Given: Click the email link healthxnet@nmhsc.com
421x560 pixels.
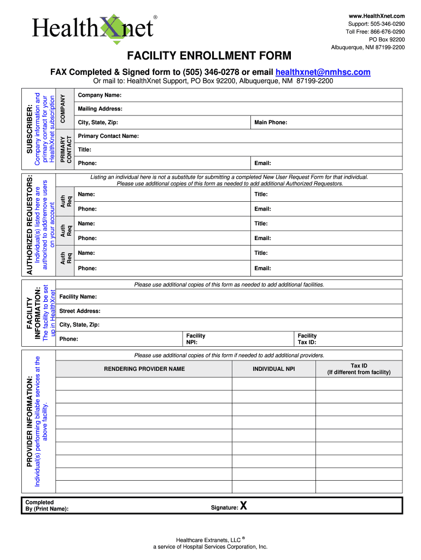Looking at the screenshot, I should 323,72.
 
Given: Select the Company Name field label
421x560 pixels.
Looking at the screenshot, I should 100,95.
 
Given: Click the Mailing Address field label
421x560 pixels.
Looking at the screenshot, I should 100,109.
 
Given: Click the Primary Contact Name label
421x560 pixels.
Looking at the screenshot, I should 108,136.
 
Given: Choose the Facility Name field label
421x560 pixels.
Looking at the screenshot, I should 78,296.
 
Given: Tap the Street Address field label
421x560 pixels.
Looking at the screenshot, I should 80,311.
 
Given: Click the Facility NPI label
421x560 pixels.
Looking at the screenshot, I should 196,339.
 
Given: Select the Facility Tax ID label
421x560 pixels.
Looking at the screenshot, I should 307,339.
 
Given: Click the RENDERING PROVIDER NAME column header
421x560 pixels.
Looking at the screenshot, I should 144,369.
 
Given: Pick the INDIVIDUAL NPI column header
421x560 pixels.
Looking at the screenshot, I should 273,369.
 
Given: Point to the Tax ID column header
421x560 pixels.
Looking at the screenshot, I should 359,369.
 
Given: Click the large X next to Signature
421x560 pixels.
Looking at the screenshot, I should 243,506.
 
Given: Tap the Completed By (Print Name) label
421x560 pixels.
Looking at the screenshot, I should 47,506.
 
